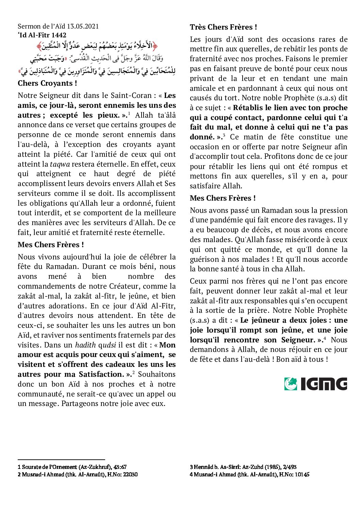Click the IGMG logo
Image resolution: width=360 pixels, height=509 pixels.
(315, 384)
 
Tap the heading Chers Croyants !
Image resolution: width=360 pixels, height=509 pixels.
(47, 83)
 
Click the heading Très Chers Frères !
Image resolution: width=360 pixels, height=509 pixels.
(223, 27)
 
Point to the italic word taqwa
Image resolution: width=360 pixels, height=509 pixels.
(60, 164)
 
